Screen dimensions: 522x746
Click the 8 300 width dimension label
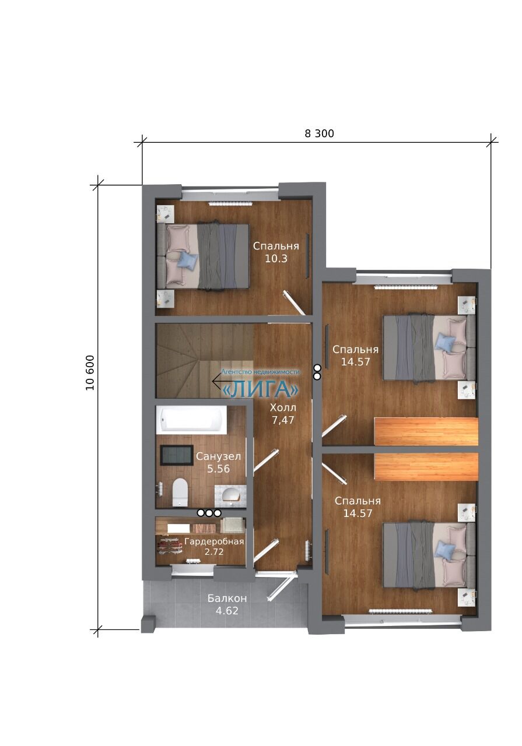point(319,133)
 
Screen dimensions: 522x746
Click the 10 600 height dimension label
point(90,373)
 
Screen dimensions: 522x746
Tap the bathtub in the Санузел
point(191,420)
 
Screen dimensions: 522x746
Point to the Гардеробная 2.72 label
point(214,547)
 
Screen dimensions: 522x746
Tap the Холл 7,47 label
point(283,414)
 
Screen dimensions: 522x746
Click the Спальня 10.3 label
point(276,252)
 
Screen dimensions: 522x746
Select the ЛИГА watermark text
point(260,389)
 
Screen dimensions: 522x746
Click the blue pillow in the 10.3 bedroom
point(188,259)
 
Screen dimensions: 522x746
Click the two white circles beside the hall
point(317,372)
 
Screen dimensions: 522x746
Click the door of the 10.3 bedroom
point(294,302)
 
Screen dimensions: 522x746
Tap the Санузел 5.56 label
point(218,463)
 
